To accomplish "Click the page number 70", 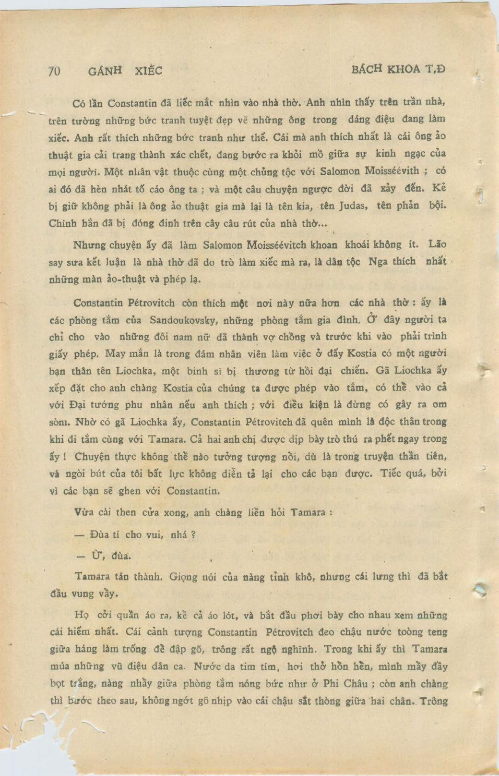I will click(54, 71).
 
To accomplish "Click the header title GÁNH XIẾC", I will click(126, 71).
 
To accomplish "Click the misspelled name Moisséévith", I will click(385, 171).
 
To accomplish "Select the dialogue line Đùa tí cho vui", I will click(136, 534).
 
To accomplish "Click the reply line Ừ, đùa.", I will click(105, 556).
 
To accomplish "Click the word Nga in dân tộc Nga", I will click(378, 262).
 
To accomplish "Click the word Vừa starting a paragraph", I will click(85, 512).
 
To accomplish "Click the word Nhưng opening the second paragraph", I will click(89, 245).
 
